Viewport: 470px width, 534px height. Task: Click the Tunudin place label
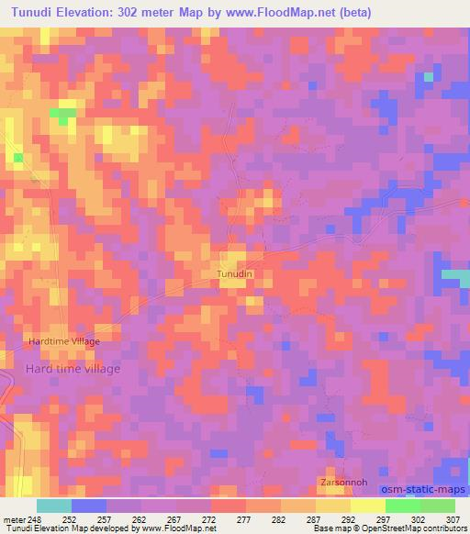point(234,273)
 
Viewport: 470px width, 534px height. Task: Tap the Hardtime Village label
point(63,340)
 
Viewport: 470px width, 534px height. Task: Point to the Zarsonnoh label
point(343,482)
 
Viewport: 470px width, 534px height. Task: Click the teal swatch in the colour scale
point(54,506)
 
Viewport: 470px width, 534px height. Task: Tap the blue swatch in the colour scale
point(89,506)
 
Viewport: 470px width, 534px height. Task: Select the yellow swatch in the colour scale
point(368,506)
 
